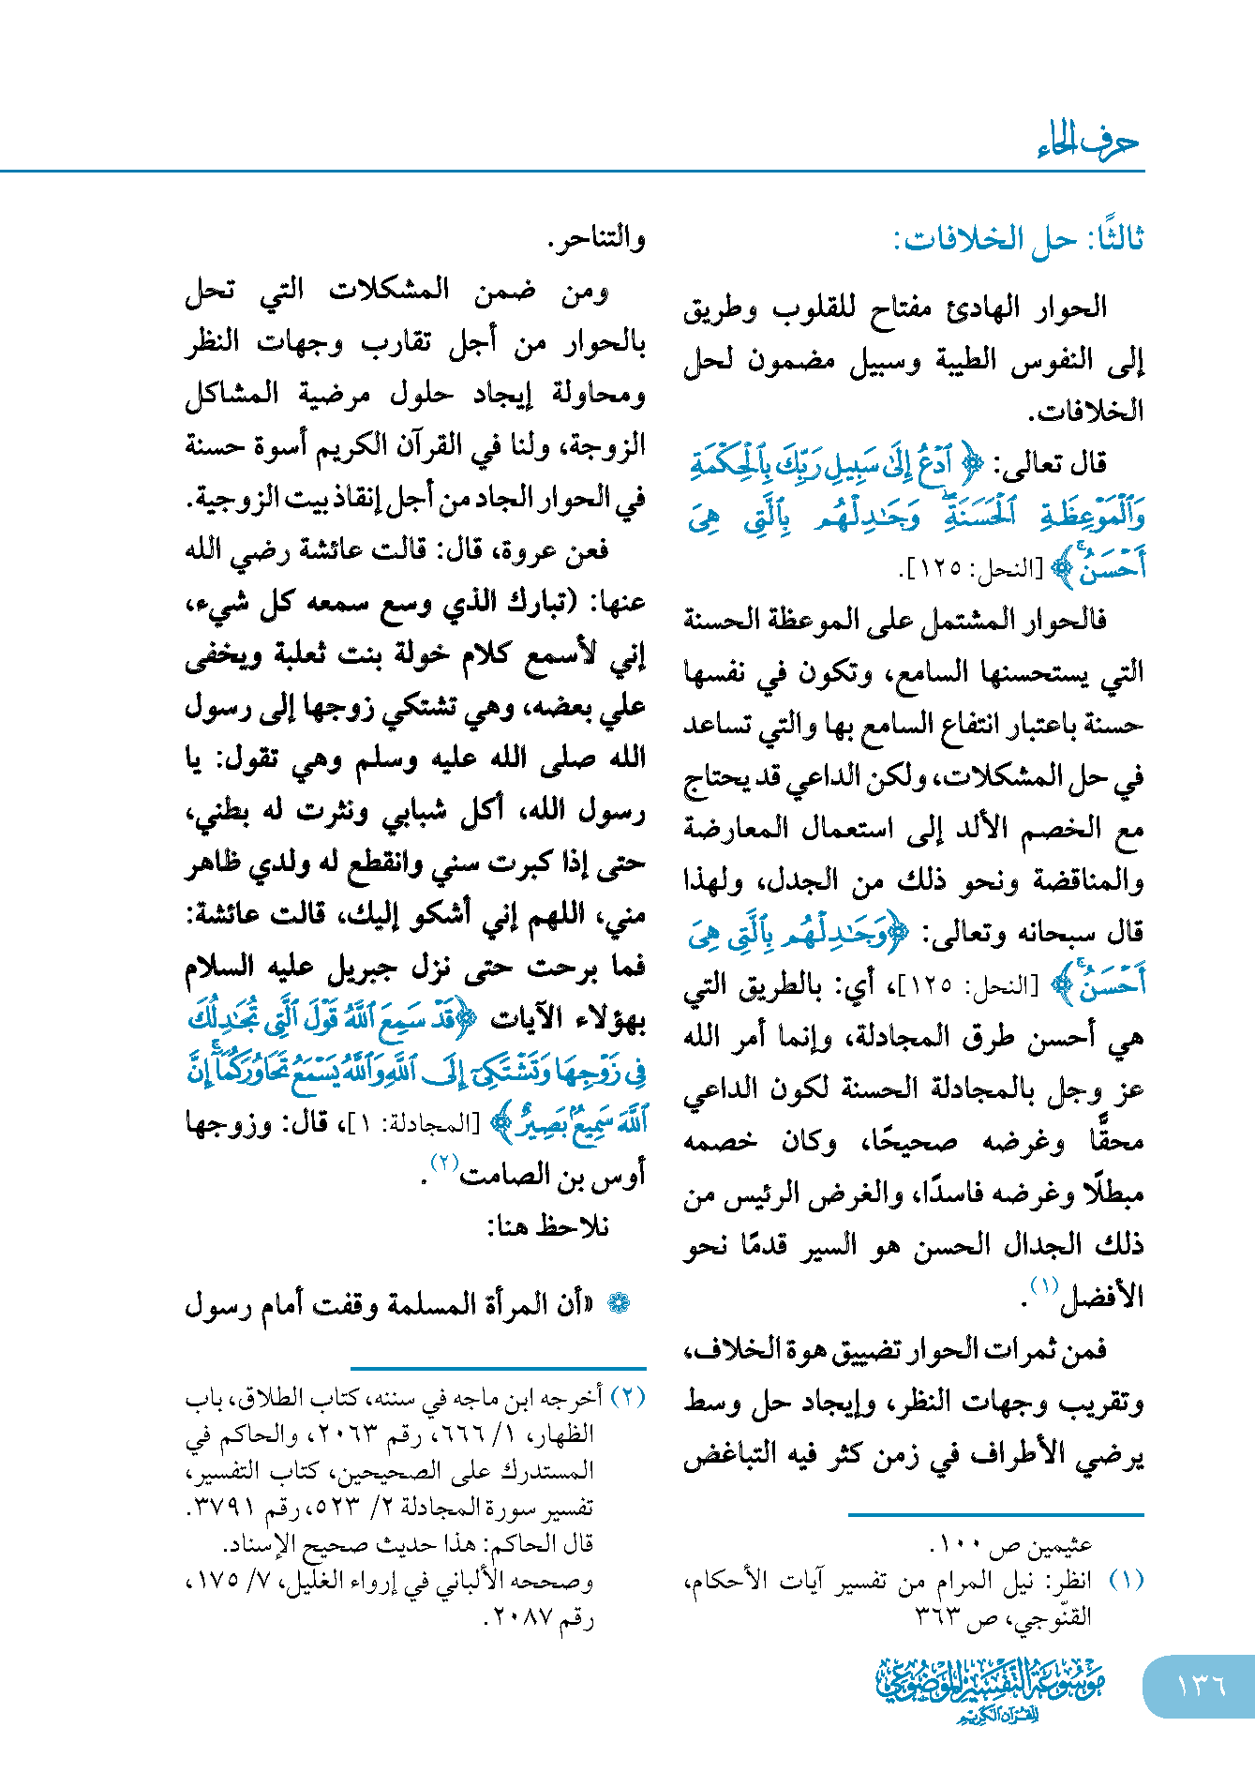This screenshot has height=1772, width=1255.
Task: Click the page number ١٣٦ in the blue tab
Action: click(x=1201, y=1685)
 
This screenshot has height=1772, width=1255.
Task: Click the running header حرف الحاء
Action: click(x=1088, y=143)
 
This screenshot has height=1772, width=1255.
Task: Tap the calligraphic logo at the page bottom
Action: click(x=990, y=1689)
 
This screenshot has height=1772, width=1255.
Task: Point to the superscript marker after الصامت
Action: click(x=443, y=1162)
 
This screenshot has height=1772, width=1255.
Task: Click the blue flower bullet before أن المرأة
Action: click(x=619, y=1303)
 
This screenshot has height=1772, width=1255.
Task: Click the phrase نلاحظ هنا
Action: click(x=548, y=1225)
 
